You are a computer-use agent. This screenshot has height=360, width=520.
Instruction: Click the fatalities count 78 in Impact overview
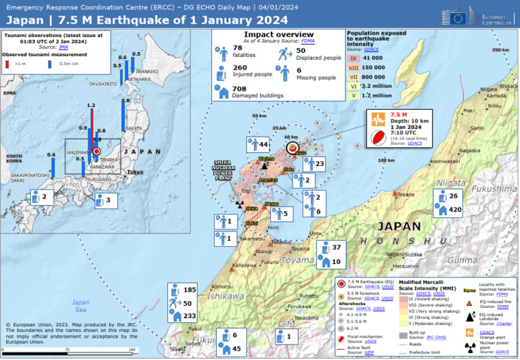pyautogui.click(x=238, y=47)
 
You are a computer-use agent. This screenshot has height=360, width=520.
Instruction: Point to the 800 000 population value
pyautogui.click(x=374, y=77)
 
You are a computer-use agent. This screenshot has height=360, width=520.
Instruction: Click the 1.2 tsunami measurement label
pyautogui.click(x=91, y=105)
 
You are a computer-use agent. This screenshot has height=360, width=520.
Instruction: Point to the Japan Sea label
pyautogui.click(x=81, y=305)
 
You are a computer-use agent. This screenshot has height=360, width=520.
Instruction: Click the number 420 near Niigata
pyautogui.click(x=456, y=210)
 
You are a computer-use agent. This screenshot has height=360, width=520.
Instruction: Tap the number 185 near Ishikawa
pyautogui.click(x=190, y=290)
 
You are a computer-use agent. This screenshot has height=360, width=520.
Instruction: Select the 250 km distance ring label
pyautogui.click(x=500, y=50)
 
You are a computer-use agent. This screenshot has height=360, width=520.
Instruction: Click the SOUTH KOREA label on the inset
pyautogui.click(x=14, y=159)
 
